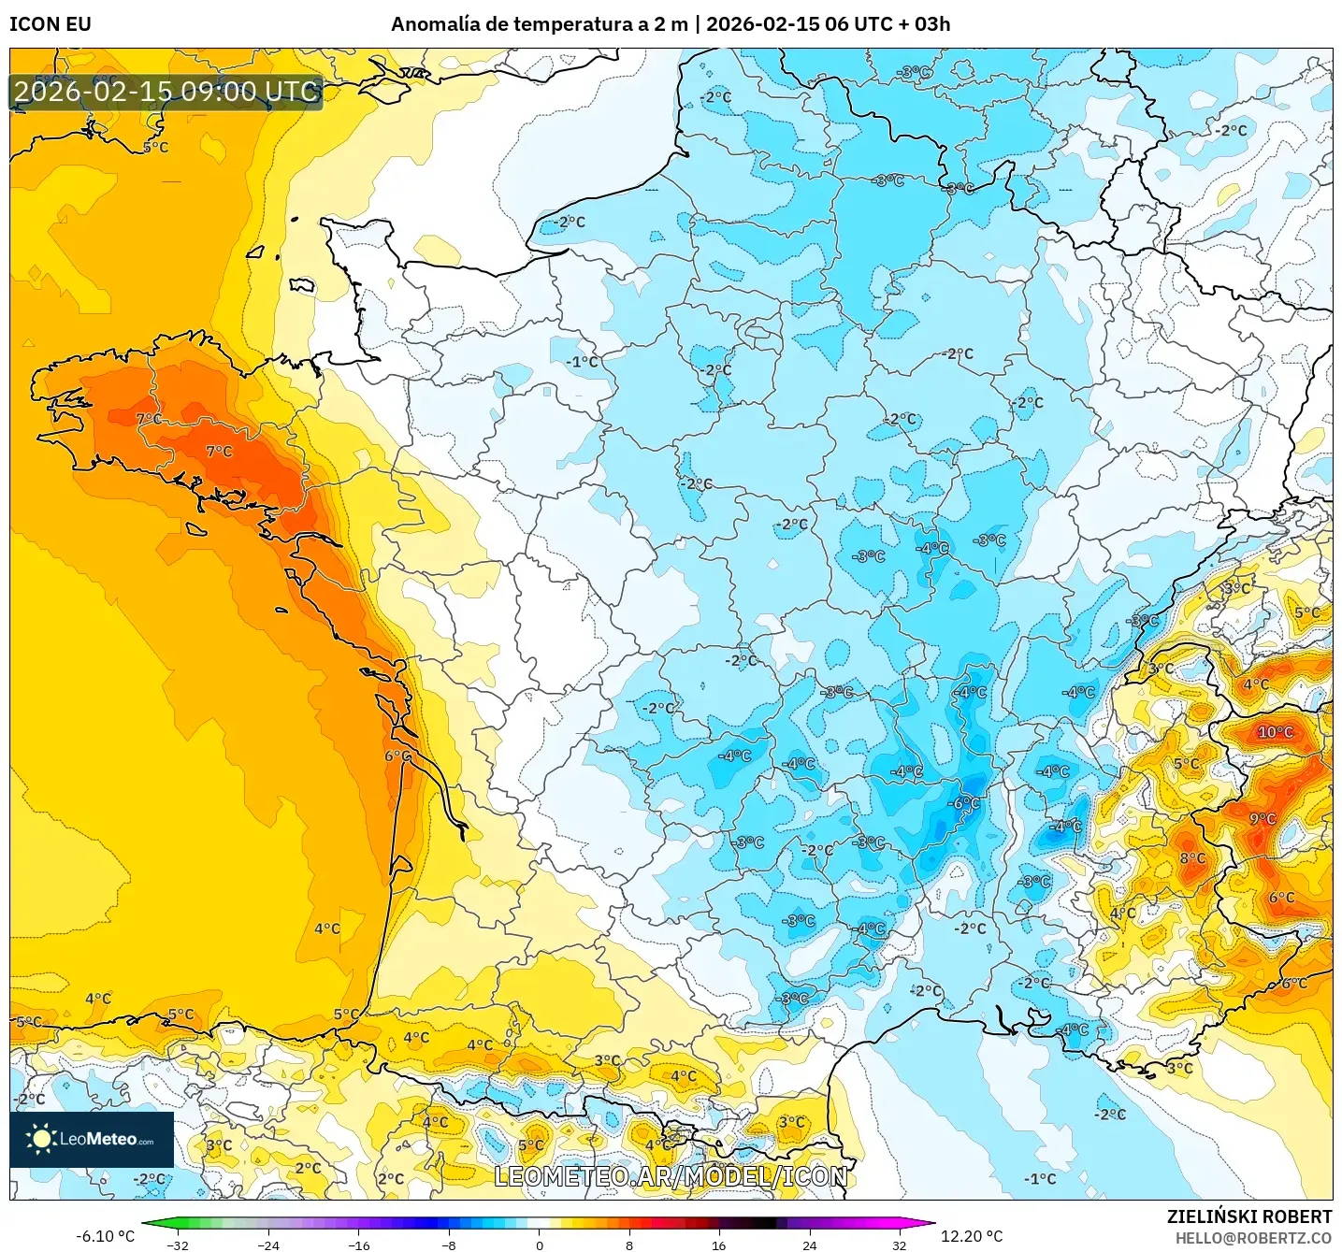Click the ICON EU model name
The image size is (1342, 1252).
51,24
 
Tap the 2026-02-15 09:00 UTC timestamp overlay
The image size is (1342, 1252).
166,92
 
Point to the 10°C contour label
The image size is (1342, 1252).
1276,732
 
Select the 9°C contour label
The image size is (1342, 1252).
1263,819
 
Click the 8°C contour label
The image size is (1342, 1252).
1192,858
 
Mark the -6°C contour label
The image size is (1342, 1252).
964,804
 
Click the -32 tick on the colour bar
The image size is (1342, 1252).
178,1245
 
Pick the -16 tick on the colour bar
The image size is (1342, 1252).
358,1245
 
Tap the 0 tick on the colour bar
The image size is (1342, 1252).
539,1245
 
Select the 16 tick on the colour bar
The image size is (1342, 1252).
718,1245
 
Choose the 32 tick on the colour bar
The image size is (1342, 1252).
899,1245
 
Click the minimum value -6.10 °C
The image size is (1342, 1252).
105,1236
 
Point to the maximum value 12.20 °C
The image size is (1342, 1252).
972,1236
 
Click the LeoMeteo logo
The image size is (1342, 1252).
91,1139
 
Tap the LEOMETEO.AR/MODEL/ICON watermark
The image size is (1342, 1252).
671,1176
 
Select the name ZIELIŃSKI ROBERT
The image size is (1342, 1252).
1248,1216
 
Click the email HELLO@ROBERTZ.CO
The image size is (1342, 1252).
1253,1238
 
